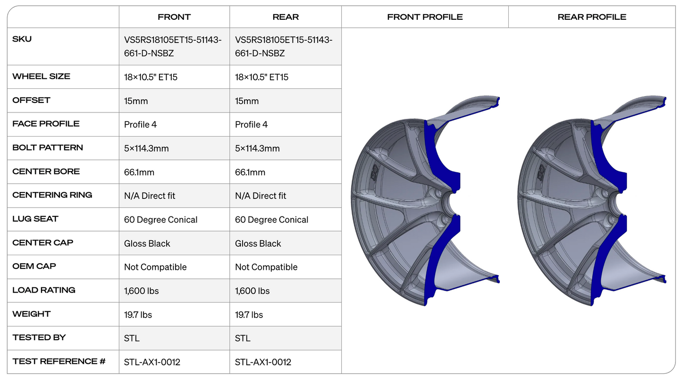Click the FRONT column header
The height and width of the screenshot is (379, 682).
pyautogui.click(x=174, y=17)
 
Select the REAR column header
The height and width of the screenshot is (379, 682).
pyautogui.click(x=286, y=17)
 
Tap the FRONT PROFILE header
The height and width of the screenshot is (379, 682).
pyautogui.click(x=425, y=17)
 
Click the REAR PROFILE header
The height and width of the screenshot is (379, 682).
pyautogui.click(x=592, y=17)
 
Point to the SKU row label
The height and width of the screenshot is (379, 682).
pyautogui.click(x=22, y=39)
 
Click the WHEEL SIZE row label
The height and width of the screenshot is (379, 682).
pyautogui.click(x=42, y=77)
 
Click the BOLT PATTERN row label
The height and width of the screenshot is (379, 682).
pyautogui.click(x=48, y=147)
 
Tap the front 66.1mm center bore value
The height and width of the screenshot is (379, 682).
pyautogui.click(x=139, y=172)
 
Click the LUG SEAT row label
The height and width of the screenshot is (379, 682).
pyautogui.click(x=35, y=219)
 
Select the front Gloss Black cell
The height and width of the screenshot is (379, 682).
pyautogui.click(x=147, y=244)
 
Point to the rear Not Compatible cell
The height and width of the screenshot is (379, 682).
pyautogui.click(x=266, y=267)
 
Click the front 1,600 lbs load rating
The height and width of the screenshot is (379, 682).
pyautogui.click(x=142, y=291)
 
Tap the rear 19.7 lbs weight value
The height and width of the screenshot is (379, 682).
pyautogui.click(x=249, y=315)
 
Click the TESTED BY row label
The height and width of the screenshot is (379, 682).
pyautogui.click(x=39, y=337)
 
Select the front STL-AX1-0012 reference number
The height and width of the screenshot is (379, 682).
pyautogui.click(x=152, y=362)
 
